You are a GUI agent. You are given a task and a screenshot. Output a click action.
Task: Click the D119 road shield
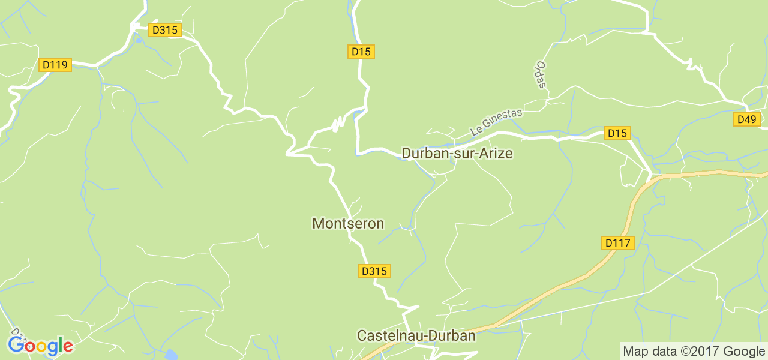(55, 65)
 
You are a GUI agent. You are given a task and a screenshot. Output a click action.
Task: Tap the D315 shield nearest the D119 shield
(166, 30)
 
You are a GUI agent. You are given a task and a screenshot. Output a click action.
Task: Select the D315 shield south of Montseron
(375, 271)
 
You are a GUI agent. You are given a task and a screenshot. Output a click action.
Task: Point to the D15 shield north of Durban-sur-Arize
(361, 52)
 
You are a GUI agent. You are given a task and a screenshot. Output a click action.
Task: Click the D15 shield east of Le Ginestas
(617, 133)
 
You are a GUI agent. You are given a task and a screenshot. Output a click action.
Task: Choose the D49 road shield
(747, 119)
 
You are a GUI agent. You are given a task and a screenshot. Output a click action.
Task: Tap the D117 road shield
(618, 243)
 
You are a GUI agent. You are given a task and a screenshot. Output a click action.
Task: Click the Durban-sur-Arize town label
(457, 154)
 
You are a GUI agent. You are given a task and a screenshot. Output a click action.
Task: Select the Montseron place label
(348, 224)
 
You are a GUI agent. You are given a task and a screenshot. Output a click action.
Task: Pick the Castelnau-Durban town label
(416, 336)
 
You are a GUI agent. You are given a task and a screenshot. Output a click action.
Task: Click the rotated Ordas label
(542, 74)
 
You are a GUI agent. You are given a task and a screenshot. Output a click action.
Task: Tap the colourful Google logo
(40, 346)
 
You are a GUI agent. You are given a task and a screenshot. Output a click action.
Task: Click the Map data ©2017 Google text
(694, 351)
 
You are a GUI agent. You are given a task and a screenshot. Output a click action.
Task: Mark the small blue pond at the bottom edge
(171, 355)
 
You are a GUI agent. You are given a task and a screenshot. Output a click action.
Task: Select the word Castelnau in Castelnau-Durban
(390, 336)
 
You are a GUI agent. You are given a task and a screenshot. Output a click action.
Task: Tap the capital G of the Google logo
(16, 345)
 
